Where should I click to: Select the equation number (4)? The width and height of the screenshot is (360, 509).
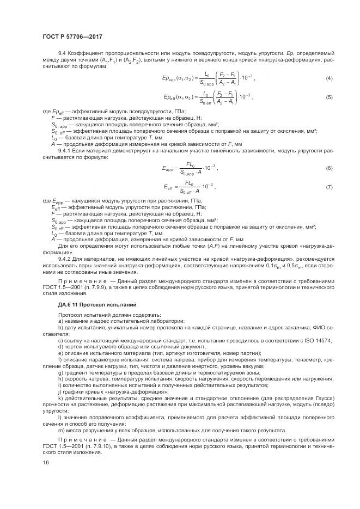click(x=329, y=78)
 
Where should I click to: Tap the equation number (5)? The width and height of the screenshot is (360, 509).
click(x=329, y=97)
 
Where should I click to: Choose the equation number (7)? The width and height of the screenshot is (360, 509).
click(x=329, y=188)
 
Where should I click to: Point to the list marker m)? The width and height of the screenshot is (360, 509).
click(x=60, y=430)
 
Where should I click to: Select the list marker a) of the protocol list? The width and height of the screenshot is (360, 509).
click(x=60, y=322)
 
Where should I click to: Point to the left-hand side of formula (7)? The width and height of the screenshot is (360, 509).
click(x=173, y=188)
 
